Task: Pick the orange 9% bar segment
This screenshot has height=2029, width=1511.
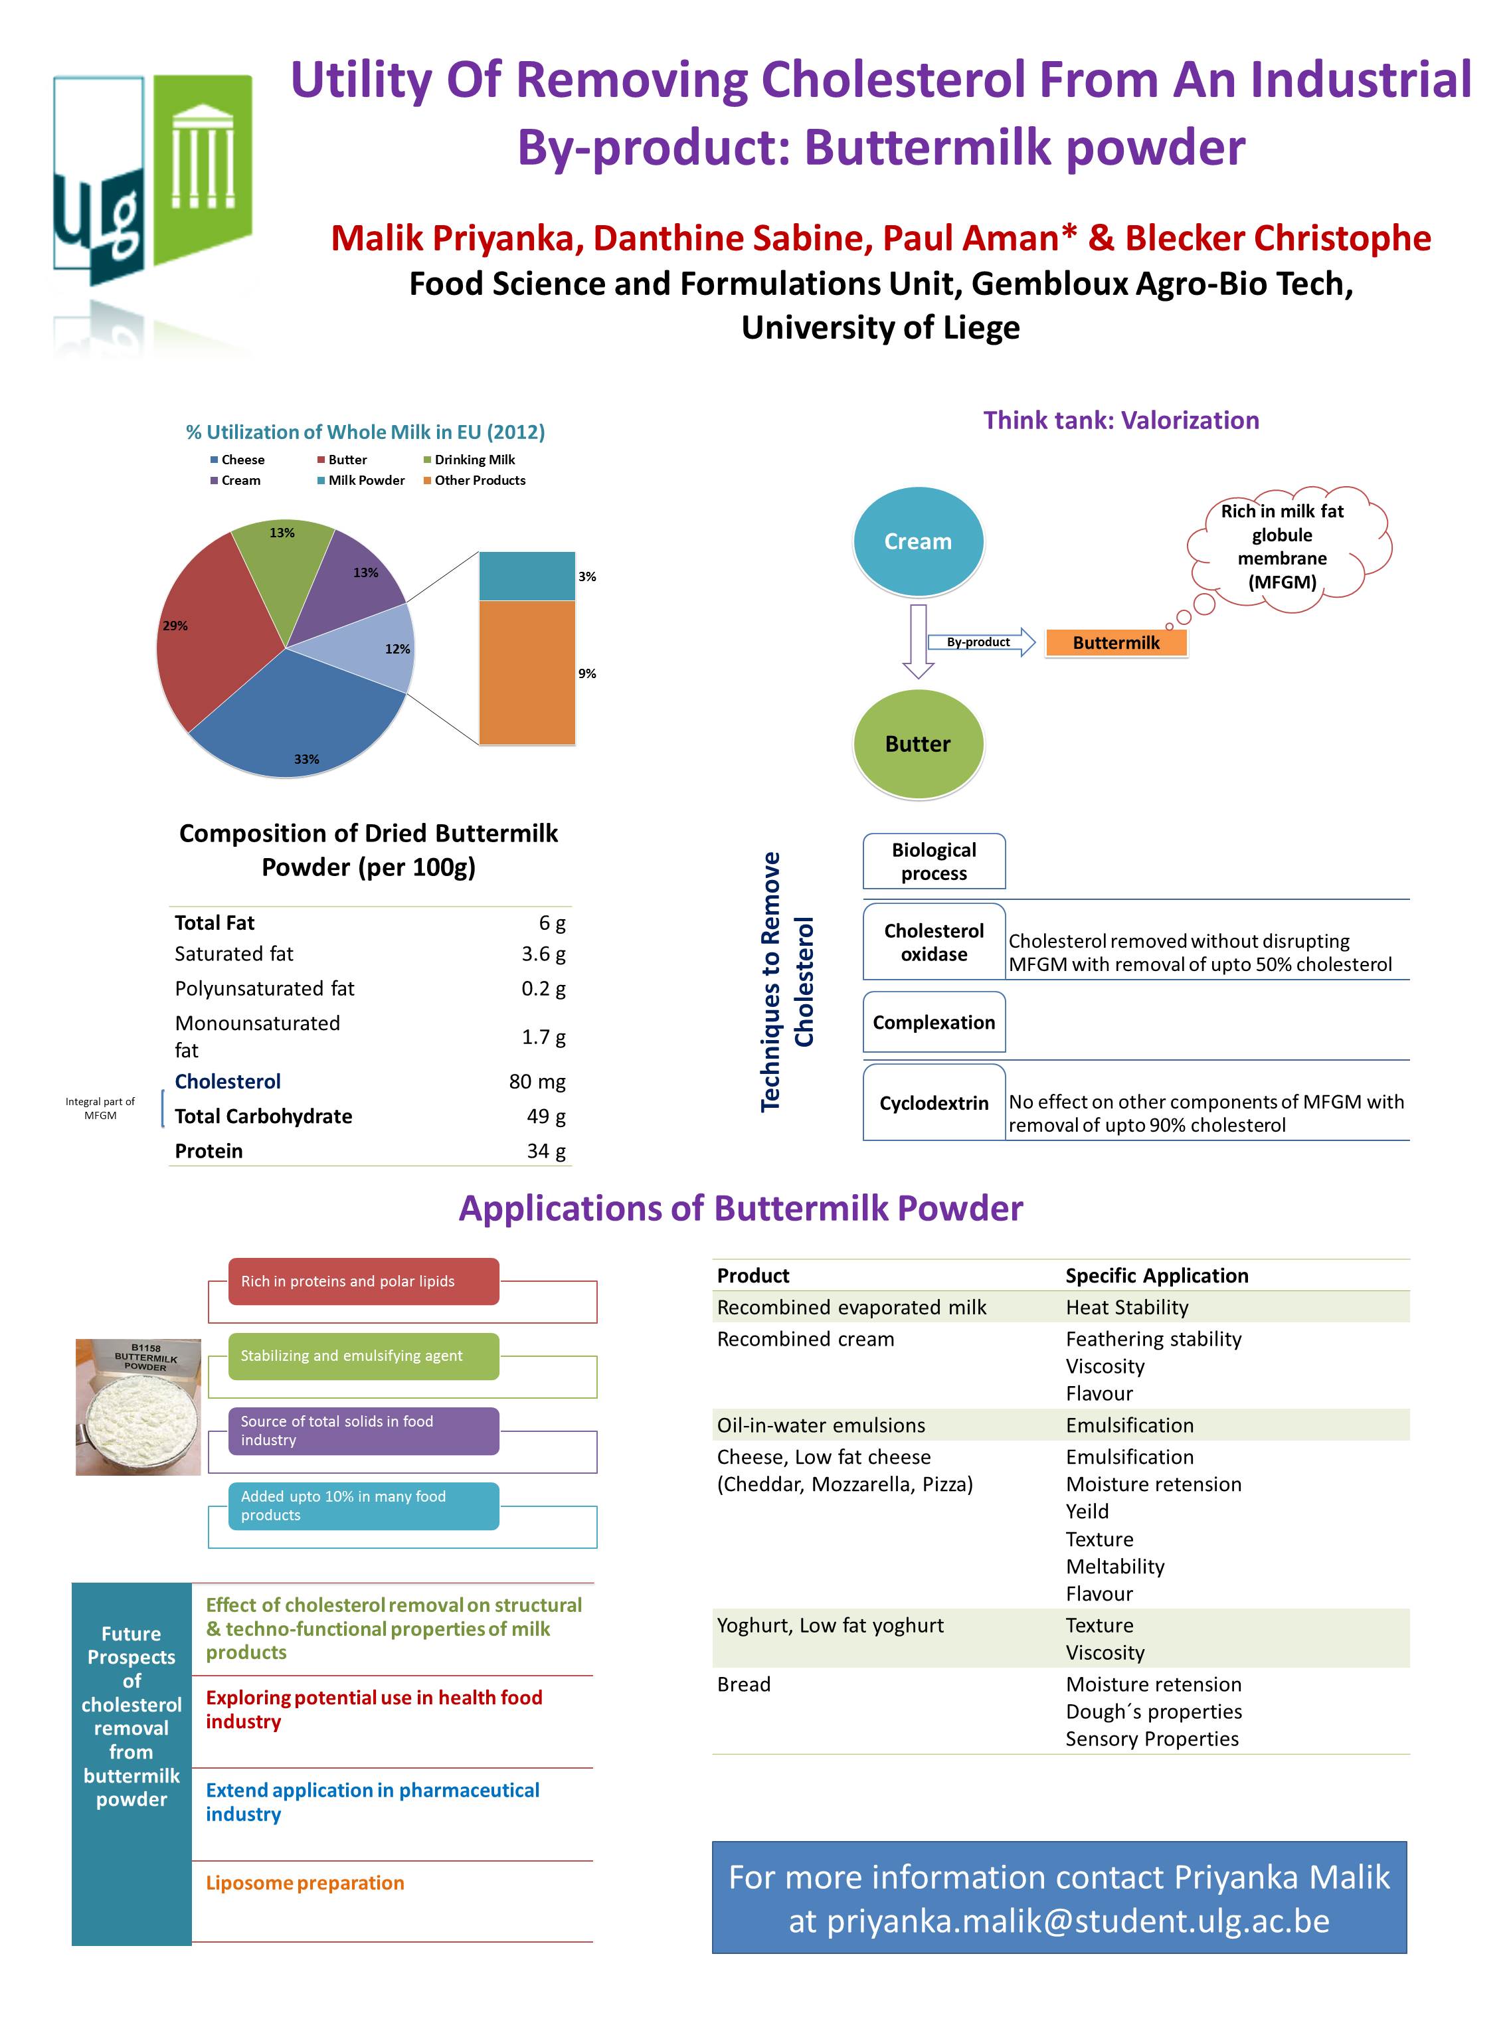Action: (527, 672)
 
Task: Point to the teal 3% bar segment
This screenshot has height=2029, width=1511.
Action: (527, 576)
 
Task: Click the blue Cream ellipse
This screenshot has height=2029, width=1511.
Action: (917, 541)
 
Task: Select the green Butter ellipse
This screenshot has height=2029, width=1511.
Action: (917, 743)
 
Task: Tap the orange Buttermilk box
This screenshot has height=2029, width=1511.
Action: (1116, 643)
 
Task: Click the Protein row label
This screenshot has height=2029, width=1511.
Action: (209, 1151)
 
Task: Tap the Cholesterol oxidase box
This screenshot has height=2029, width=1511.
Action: (934, 942)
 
